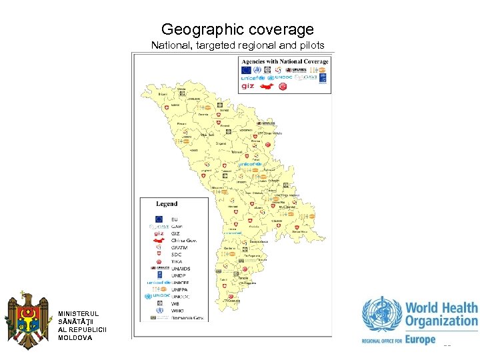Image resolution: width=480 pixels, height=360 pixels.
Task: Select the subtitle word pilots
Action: pyautogui.click(x=309, y=46)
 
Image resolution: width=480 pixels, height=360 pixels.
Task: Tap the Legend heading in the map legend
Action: pyautogui.click(x=167, y=204)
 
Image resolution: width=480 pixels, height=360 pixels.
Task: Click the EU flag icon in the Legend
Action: pyautogui.click(x=159, y=219)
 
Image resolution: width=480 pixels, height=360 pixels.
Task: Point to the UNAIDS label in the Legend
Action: pyautogui.click(x=181, y=269)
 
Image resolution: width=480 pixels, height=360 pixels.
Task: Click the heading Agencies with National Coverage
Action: pyautogui.click(x=285, y=61)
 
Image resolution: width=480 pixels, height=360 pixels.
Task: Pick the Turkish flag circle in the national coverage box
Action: pyautogui.click(x=282, y=86)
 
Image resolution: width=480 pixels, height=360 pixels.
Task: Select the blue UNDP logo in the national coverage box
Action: pyautogui.click(x=323, y=77)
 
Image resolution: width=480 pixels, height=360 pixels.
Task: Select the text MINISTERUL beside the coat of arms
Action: pyautogui.click(x=78, y=313)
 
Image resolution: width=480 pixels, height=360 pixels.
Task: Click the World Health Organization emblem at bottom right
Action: pyautogui.click(x=382, y=316)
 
